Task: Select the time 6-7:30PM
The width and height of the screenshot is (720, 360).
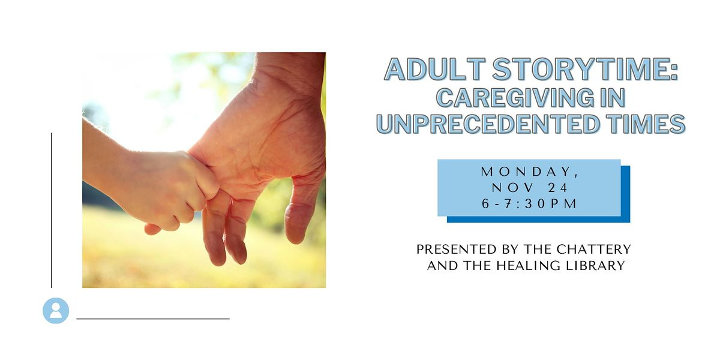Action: pos(529,204)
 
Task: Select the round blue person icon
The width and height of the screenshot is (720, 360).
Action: pos(56,310)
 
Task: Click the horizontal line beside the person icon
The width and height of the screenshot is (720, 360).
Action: pos(153,319)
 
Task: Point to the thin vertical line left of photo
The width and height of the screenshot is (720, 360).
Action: pos(52,210)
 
